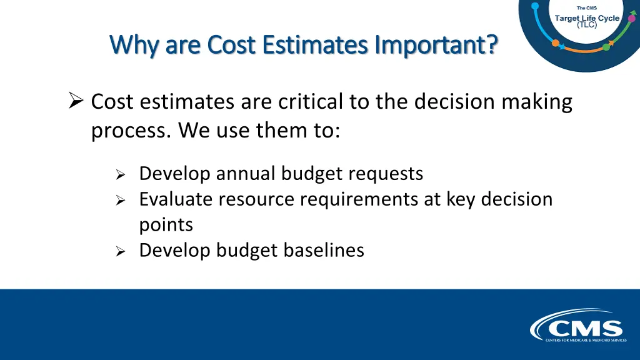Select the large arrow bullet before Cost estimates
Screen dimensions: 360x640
click(76, 100)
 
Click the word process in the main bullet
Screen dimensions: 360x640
click(129, 131)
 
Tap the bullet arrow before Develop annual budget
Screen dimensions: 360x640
click(121, 175)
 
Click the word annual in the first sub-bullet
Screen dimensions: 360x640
click(246, 173)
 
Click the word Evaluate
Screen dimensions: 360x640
click(172, 199)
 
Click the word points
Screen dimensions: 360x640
click(166, 224)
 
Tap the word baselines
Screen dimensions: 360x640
click(323, 250)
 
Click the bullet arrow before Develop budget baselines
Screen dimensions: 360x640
click(121, 252)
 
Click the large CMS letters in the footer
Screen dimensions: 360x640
click(584, 328)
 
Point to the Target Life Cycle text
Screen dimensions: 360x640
click(587, 18)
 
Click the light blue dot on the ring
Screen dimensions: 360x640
click(535, 6)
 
